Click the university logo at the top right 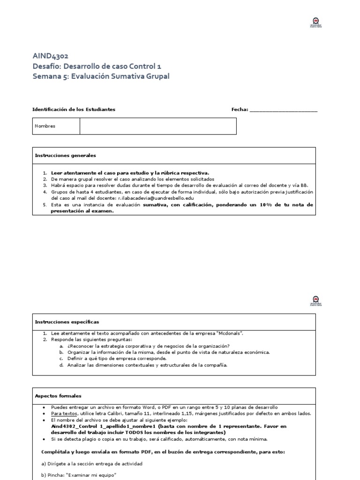(317, 22)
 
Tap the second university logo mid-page (317, 300)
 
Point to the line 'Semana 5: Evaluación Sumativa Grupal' (101, 76)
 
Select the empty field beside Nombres (158, 126)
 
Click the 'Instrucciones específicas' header (67, 322)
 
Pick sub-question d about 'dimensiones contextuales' (147, 365)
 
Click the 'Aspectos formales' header (58, 396)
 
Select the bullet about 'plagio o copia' (159, 439)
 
